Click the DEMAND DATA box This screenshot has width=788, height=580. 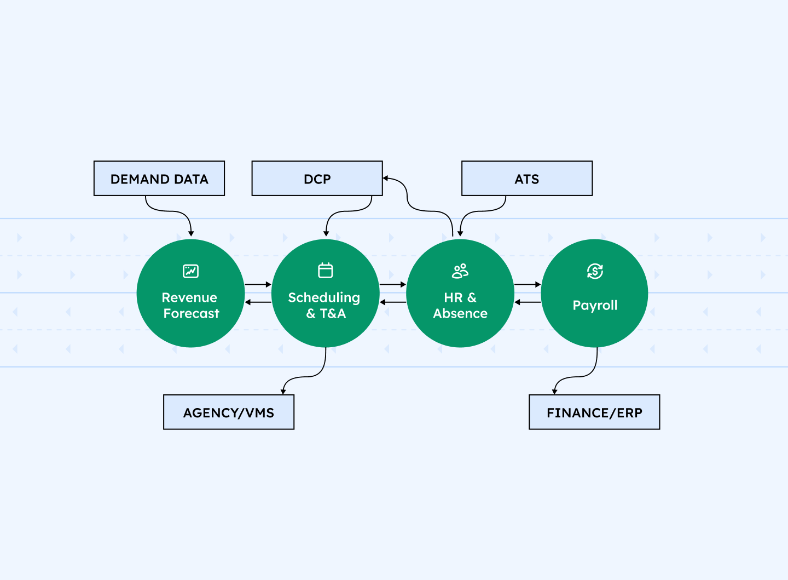coord(159,179)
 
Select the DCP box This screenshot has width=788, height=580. coord(317,179)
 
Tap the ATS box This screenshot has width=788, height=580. coord(527,179)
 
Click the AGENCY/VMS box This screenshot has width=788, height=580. coord(229,412)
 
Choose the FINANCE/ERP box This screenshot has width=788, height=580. coord(594,412)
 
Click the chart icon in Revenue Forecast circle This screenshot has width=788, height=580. coord(190,271)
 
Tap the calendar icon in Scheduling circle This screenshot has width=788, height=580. coord(326,271)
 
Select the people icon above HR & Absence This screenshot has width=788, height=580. coord(460,271)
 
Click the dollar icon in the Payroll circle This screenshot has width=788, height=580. coord(595,271)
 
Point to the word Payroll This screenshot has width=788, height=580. coord(595,306)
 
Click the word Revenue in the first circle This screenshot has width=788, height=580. coord(189,297)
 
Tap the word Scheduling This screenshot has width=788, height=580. coord(324,297)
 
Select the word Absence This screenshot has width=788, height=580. coord(460,313)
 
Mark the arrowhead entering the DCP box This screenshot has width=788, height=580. coord(386,179)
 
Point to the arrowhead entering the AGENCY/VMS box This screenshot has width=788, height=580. coord(283,391)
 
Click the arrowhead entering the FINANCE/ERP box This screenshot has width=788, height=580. coord(555,391)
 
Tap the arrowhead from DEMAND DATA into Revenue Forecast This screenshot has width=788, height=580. coord(191,233)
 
